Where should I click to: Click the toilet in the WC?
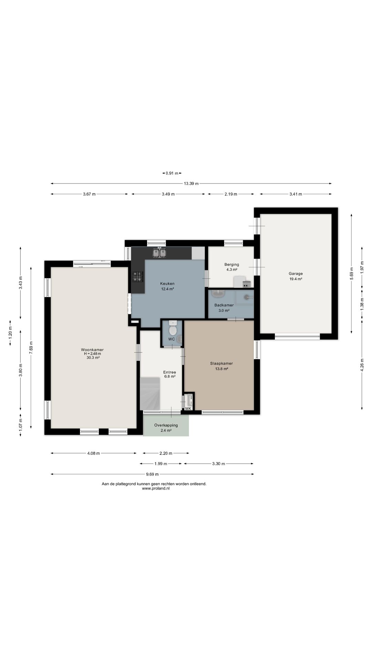click(x=173, y=329)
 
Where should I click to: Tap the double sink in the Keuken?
click(x=159, y=253)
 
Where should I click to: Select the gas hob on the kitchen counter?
click(x=137, y=277)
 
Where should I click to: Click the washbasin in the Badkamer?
click(x=218, y=294)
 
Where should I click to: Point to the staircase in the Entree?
click(x=150, y=393)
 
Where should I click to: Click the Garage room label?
click(x=296, y=274)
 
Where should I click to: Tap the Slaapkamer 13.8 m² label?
click(x=221, y=366)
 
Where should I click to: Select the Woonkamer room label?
click(x=92, y=350)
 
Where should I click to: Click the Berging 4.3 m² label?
click(x=231, y=267)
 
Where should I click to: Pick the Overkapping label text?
click(x=166, y=425)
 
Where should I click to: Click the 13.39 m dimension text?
click(x=191, y=183)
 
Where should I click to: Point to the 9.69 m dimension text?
click(x=152, y=474)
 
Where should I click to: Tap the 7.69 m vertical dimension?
click(x=31, y=348)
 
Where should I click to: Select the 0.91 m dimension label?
click(x=172, y=173)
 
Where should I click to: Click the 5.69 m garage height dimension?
click(x=351, y=274)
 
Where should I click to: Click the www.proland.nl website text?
click(x=156, y=488)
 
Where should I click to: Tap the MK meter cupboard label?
click(x=188, y=409)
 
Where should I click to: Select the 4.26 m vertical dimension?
click(x=362, y=365)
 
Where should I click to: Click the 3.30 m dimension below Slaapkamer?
click(x=218, y=464)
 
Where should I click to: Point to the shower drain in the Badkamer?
click(x=247, y=297)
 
